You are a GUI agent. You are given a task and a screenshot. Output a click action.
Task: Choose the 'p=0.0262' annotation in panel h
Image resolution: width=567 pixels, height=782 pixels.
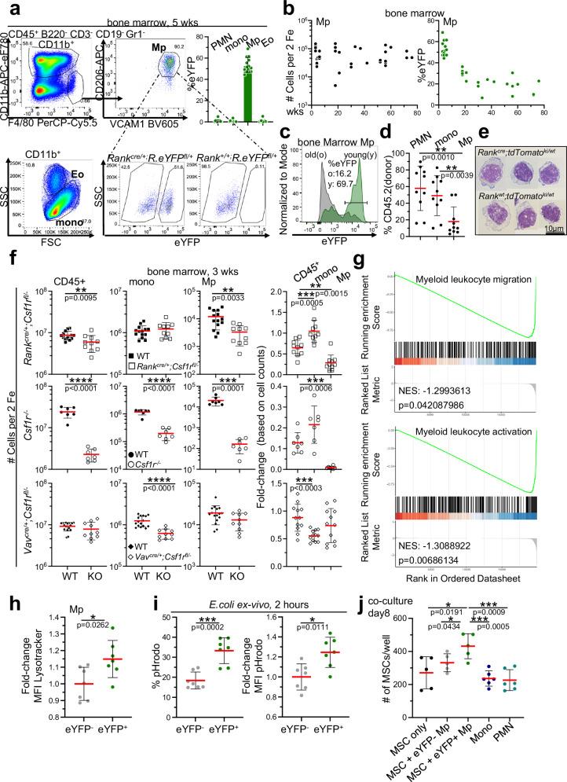pos(81,638)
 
